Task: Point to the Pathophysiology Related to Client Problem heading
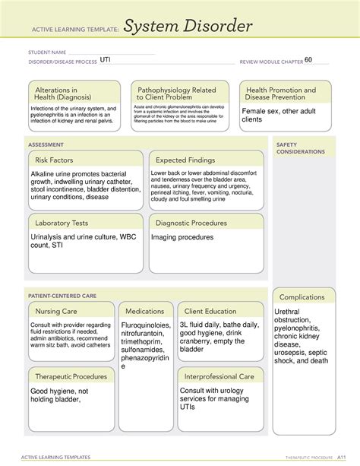tap(176, 94)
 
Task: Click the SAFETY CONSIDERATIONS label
tap(301, 147)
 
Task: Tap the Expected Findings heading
tap(186, 160)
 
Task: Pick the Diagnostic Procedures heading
tap(191, 223)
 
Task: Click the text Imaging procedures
tap(178, 237)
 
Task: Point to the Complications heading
tap(302, 297)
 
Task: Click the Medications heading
tap(144, 312)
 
